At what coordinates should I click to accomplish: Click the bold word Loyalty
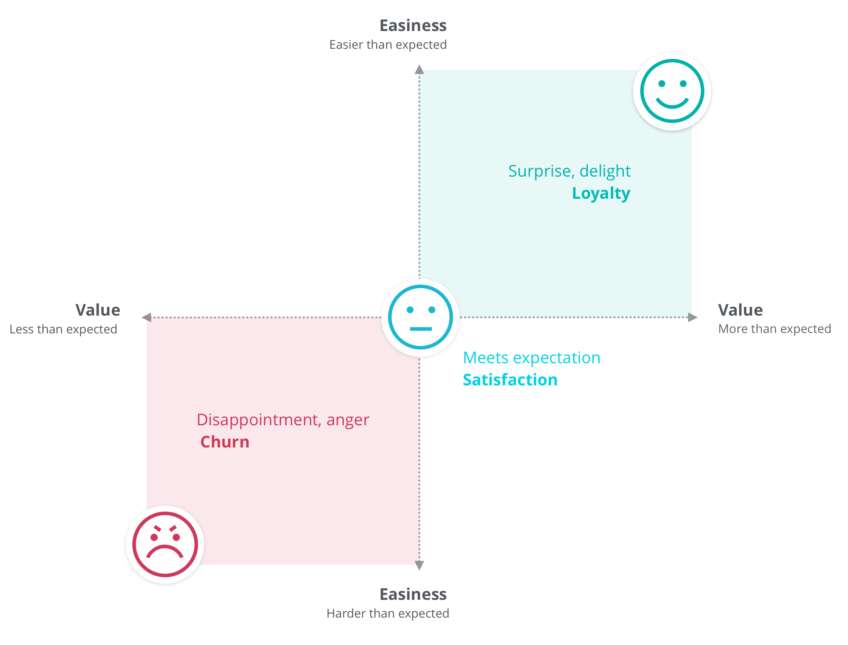(x=601, y=194)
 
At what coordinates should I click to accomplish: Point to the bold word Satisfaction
(x=510, y=380)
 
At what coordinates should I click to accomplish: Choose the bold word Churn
(x=225, y=442)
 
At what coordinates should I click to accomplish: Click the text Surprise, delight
(x=569, y=171)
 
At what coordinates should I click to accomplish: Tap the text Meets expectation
(x=532, y=358)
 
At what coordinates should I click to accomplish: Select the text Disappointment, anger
(x=283, y=420)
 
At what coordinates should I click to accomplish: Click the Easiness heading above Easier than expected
(x=413, y=25)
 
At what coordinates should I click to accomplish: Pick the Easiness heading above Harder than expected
(x=413, y=594)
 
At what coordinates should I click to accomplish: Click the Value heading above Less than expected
(x=98, y=310)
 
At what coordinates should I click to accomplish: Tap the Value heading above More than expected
(x=741, y=310)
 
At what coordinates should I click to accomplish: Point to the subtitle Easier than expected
(x=388, y=45)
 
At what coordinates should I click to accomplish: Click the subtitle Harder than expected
(x=388, y=614)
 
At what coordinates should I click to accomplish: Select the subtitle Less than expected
(x=63, y=329)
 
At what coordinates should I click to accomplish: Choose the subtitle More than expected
(x=775, y=329)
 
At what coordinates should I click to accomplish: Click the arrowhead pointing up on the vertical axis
(x=420, y=69)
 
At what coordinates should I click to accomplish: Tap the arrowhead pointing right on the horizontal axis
(x=693, y=317)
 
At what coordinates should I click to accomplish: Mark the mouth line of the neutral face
(x=421, y=329)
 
